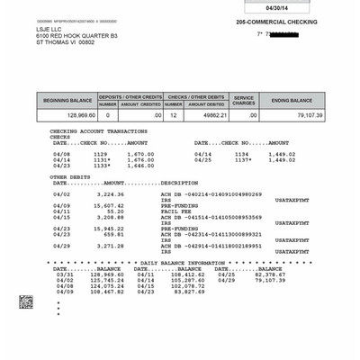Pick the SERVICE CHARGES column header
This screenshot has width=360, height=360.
tap(243, 100)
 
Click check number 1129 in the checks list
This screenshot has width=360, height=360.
tap(100, 154)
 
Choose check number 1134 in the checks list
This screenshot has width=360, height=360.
tap(241, 154)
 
